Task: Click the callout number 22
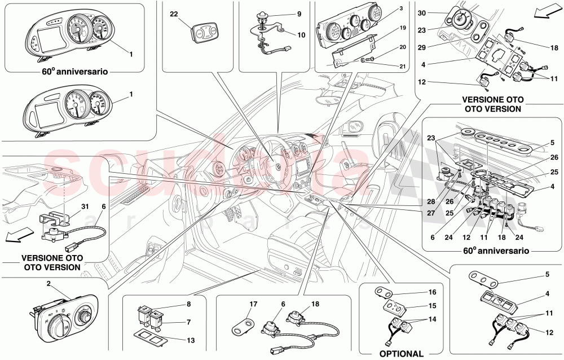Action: pos(173,14)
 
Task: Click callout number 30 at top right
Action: pos(421,12)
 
